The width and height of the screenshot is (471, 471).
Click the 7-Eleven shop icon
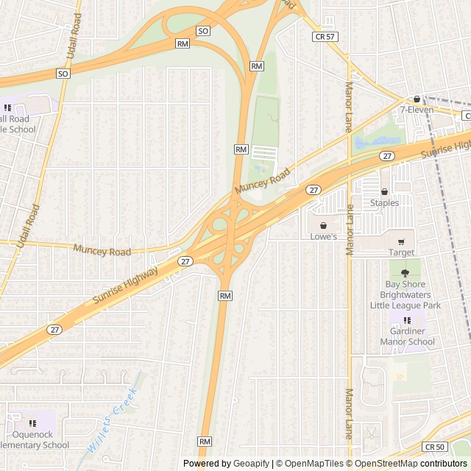(417, 99)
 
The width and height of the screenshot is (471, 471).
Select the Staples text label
(384, 203)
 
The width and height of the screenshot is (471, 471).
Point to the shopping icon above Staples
(384, 191)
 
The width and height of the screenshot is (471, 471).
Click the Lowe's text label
(322, 237)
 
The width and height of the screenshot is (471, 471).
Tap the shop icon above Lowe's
(322, 225)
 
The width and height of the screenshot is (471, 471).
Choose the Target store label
(401, 252)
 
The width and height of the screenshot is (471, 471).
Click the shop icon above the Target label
(401, 241)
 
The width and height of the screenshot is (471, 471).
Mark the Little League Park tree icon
(405, 272)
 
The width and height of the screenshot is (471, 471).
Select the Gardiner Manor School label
(407, 336)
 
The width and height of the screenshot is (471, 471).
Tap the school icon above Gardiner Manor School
(407, 320)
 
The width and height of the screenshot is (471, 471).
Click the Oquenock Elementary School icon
(32, 423)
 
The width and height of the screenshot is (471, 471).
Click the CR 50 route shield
(434, 447)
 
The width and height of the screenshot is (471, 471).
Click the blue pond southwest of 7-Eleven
(380, 140)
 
